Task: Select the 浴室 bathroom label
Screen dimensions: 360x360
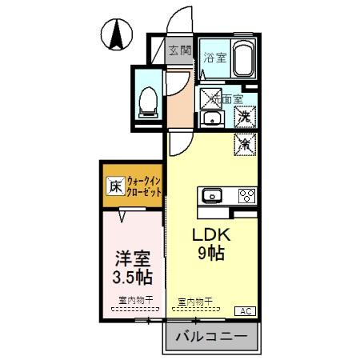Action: pos(214,58)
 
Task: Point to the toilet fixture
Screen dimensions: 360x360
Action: pos(147,100)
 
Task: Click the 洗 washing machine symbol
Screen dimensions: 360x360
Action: pos(246,117)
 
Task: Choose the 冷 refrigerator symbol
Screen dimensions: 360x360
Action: pos(246,144)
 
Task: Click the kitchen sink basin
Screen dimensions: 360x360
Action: pos(214,195)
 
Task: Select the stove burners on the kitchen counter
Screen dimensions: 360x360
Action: pos(246,195)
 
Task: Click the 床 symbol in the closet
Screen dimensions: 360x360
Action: pos(114,189)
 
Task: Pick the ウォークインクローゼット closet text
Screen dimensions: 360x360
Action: pos(145,188)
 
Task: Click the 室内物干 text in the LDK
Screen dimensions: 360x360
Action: pos(195,302)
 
